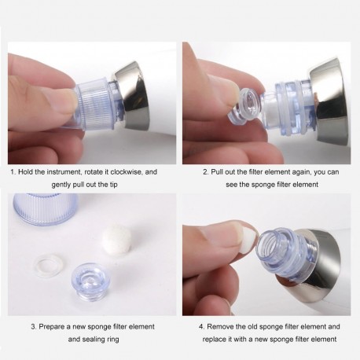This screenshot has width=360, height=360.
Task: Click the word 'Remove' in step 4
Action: pos(226,326)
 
